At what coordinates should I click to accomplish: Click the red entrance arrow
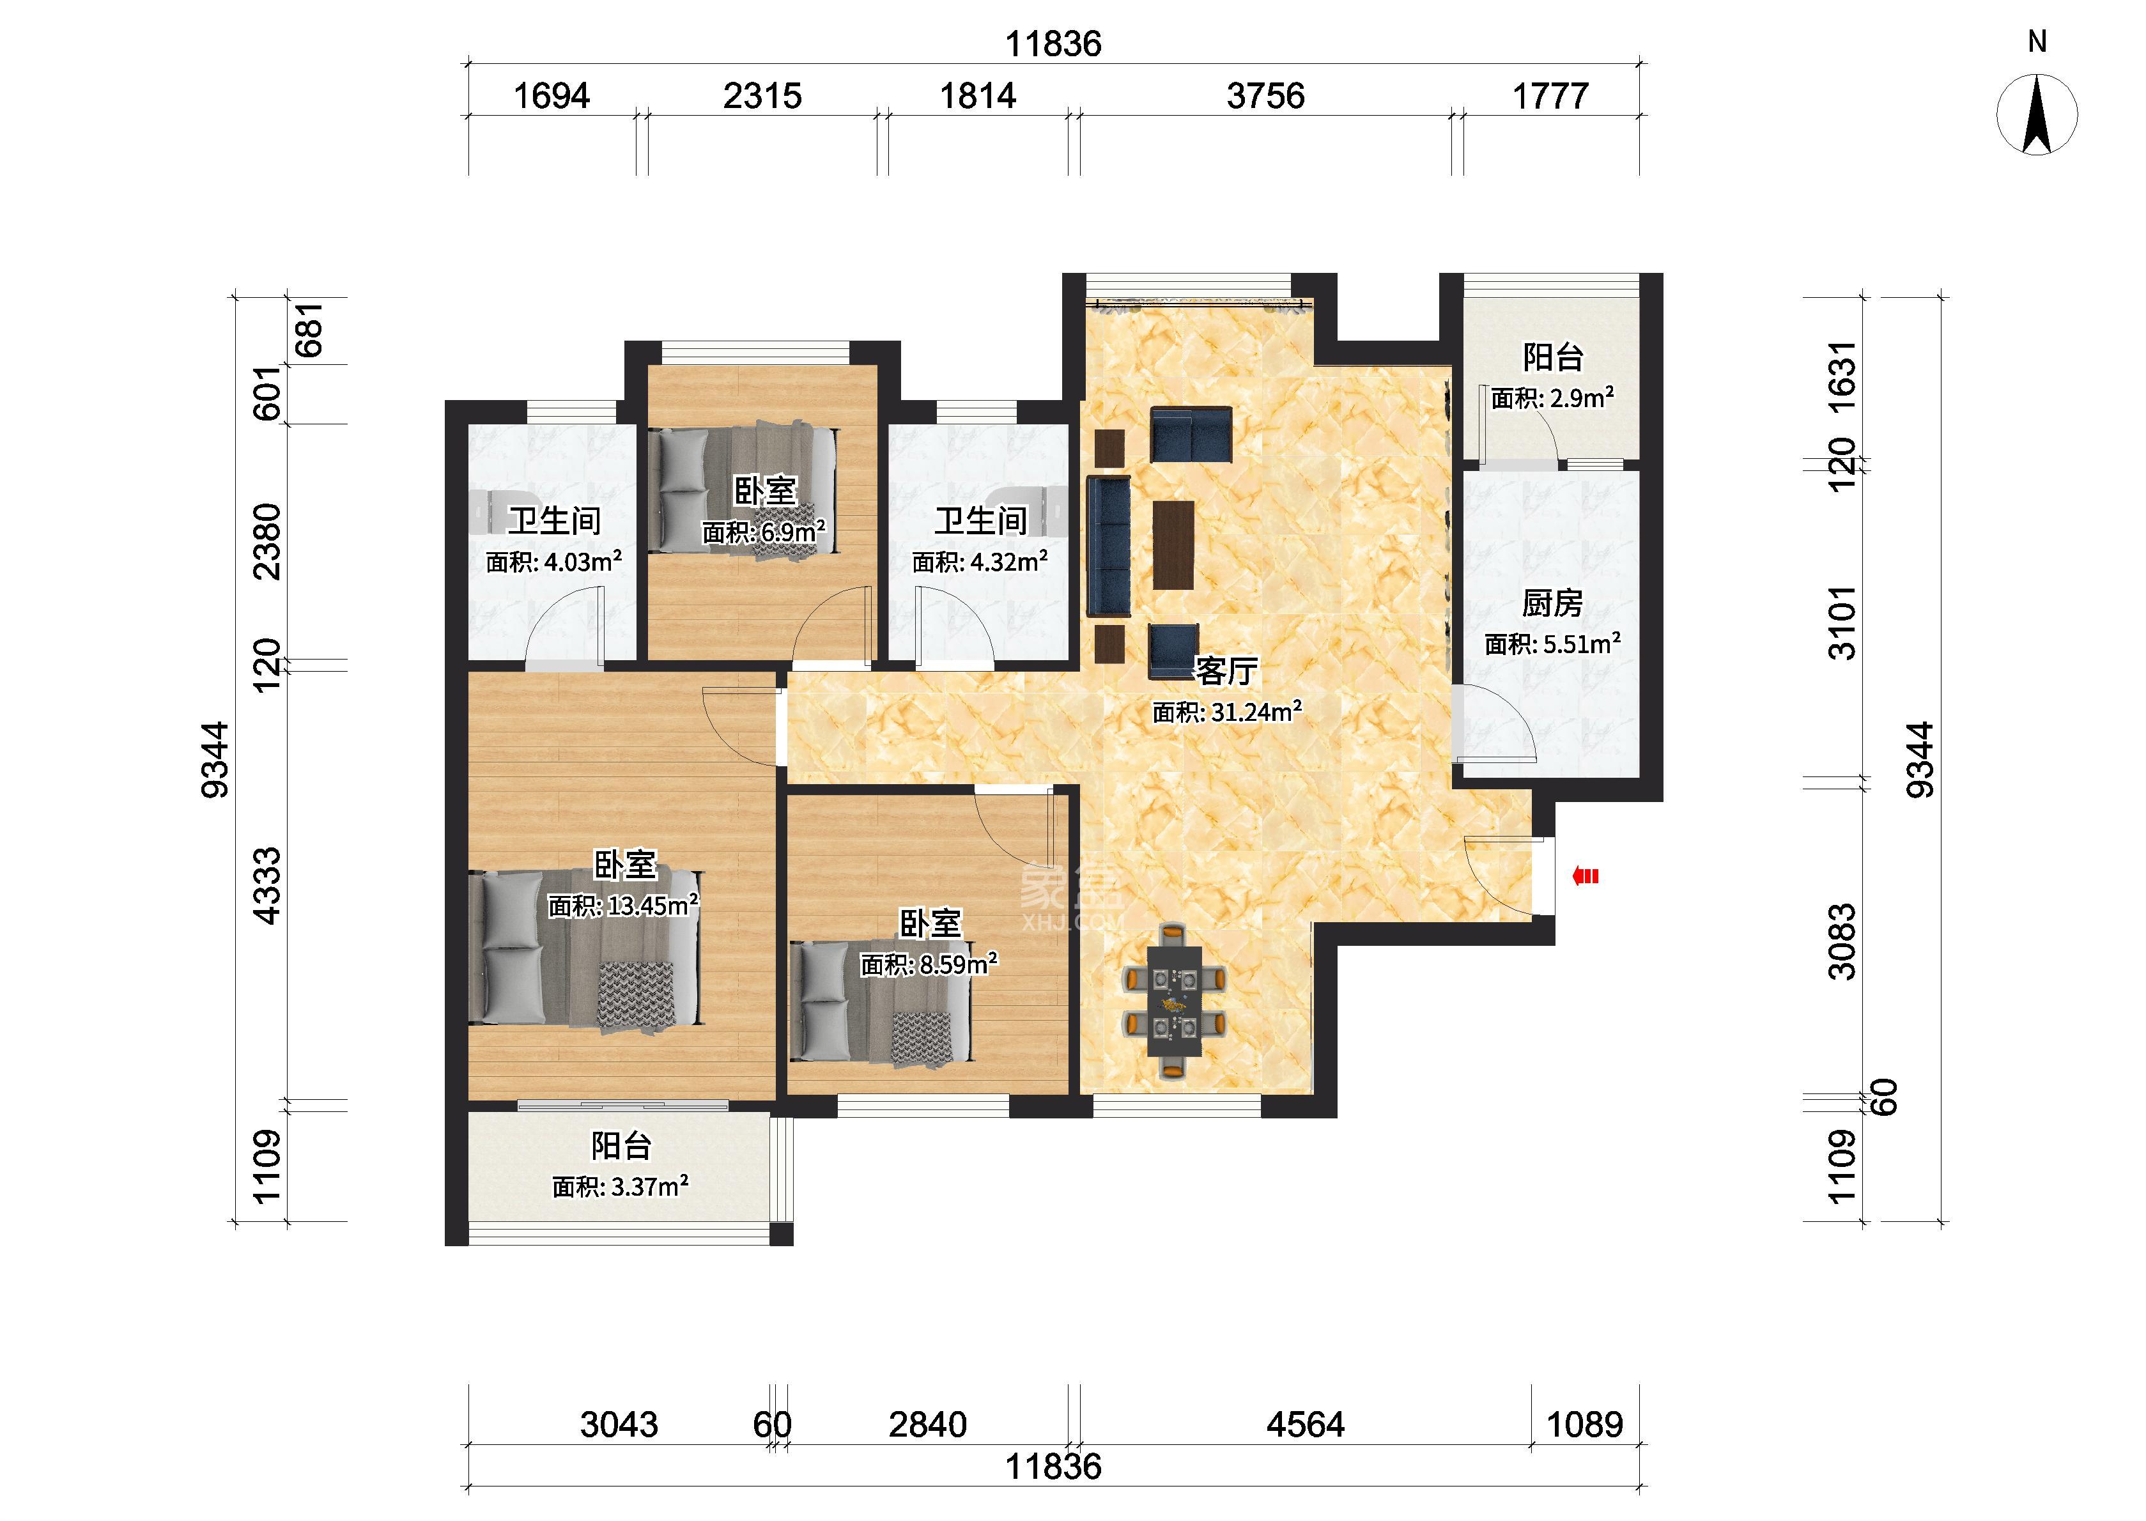(x=1585, y=877)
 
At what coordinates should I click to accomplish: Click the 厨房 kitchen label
(x=1552, y=603)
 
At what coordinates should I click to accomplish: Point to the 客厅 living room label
(x=1226, y=670)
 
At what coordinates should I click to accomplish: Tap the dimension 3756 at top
(x=1266, y=95)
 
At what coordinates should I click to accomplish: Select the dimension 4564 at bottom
(x=1305, y=1424)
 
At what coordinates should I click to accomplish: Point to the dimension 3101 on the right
(x=1842, y=623)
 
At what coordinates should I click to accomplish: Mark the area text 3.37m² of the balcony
(x=650, y=1187)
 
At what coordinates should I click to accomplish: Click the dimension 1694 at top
(x=552, y=95)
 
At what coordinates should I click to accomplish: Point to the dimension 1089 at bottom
(x=1584, y=1424)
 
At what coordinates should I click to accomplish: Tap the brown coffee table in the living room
(x=1173, y=544)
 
